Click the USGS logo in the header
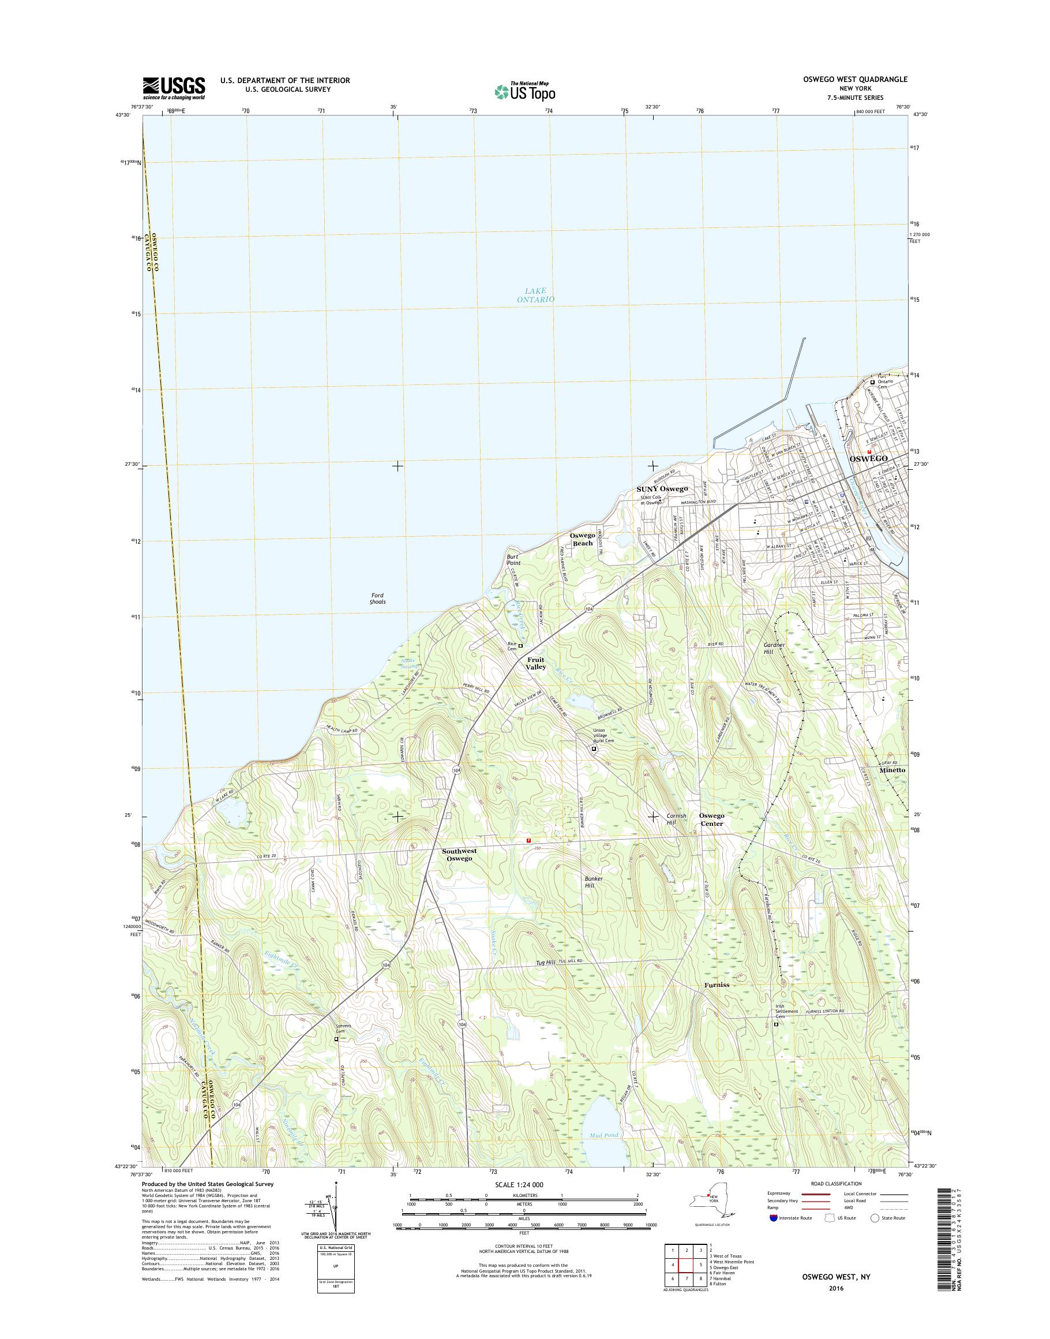pos(174,88)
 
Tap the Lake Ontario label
pos(535,294)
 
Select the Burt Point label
pos(513,559)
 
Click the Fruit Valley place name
pos(535,663)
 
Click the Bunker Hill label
pos(594,882)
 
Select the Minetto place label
pos(891,770)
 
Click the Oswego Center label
pos(711,819)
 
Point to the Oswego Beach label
pos(582,540)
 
